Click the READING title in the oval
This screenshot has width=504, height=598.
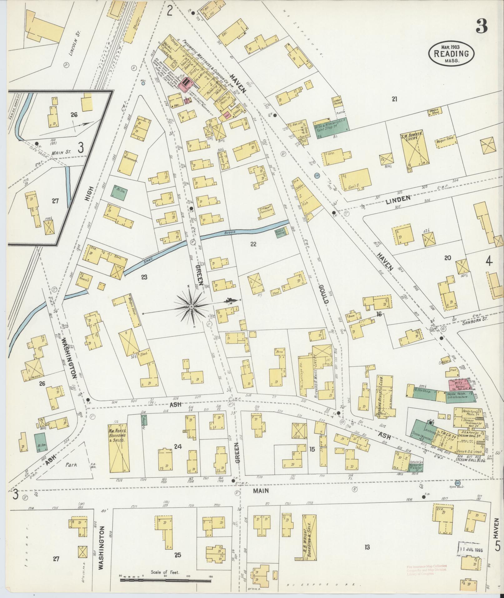pyautogui.click(x=451, y=53)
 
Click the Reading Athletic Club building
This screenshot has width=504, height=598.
pyautogui.click(x=384, y=395)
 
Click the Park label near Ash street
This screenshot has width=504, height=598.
pyautogui.click(x=72, y=465)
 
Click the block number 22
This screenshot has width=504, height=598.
pyautogui.click(x=253, y=244)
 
